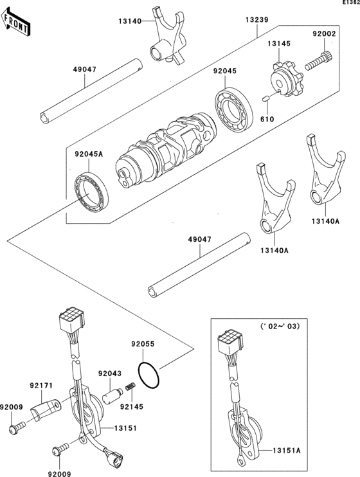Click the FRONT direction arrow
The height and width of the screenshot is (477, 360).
(x=15, y=21)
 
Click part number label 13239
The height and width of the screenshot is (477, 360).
(x=257, y=20)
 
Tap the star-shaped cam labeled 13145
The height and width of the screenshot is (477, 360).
(x=287, y=78)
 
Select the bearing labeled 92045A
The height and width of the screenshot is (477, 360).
(x=91, y=192)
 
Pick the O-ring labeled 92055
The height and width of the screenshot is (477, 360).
(x=148, y=375)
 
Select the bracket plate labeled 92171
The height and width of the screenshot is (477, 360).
(x=46, y=410)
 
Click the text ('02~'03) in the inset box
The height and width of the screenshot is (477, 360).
(x=280, y=327)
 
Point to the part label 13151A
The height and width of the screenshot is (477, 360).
(x=286, y=451)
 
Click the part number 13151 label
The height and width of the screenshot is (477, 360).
(x=125, y=428)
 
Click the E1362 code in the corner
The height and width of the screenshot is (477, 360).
(x=351, y=3)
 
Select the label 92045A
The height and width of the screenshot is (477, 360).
(x=89, y=154)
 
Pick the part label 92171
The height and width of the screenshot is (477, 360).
(x=41, y=386)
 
